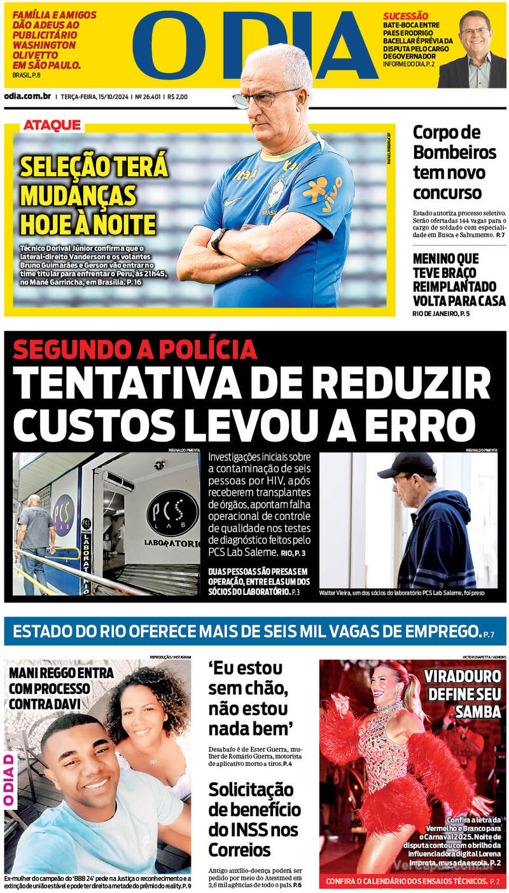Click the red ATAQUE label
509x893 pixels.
pyautogui.click(x=52, y=125)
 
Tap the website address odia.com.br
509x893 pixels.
pyautogui.click(x=27, y=97)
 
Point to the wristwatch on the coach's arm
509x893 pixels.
pyautogui.click(x=218, y=238)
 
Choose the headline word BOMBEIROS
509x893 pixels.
pyautogui.click(x=454, y=153)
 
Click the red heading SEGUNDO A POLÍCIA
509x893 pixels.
pyautogui.click(x=135, y=349)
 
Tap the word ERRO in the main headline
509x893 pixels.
pyautogui.click(x=424, y=424)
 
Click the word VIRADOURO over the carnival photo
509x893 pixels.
pyautogui.click(x=462, y=676)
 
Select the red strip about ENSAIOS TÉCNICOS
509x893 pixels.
pyautogui.click(x=412, y=882)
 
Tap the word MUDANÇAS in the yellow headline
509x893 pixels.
pyautogui.click(x=78, y=195)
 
